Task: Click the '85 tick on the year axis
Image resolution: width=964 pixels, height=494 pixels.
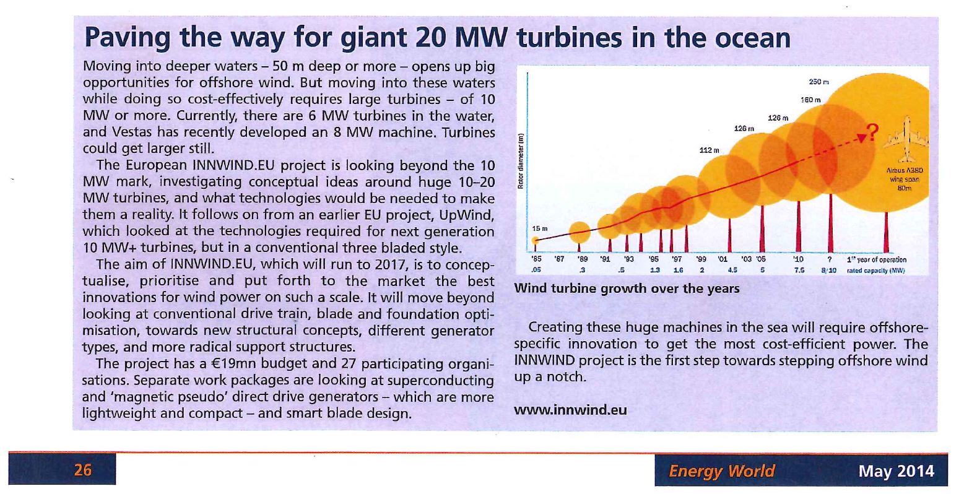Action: click(x=536, y=259)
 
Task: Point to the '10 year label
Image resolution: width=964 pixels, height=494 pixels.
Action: click(x=798, y=259)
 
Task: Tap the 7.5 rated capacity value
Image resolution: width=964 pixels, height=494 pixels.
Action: click(x=799, y=271)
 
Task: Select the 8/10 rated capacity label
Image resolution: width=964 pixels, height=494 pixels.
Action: click(x=829, y=271)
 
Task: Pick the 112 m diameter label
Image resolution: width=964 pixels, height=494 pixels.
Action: click(x=710, y=150)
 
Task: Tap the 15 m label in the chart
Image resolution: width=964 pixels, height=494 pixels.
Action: click(x=540, y=228)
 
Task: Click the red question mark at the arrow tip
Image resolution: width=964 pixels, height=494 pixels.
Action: click(x=872, y=132)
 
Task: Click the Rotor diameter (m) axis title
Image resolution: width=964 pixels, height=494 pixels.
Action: click(x=521, y=161)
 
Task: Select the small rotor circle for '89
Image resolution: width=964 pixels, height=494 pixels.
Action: click(x=580, y=232)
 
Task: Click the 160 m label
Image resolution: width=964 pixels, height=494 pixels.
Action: click(x=810, y=100)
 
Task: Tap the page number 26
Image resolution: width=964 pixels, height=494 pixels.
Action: click(x=82, y=470)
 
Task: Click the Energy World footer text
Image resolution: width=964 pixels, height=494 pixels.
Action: click(x=722, y=470)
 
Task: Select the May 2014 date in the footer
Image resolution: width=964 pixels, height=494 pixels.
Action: click(x=897, y=471)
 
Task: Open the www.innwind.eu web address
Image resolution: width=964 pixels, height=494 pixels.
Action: click(x=570, y=410)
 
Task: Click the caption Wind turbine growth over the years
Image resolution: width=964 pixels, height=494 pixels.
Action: click(x=627, y=288)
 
